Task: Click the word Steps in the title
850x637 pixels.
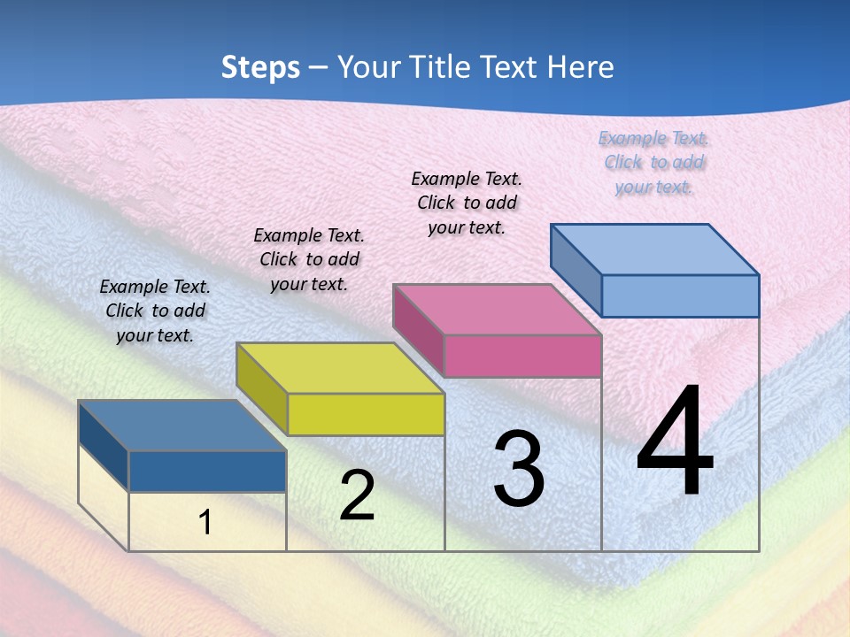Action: coord(259,67)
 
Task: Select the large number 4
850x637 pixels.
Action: coord(675,443)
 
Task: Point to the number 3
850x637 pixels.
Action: coord(519,469)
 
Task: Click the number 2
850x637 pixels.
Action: coord(357,495)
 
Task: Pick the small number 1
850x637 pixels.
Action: coord(205,523)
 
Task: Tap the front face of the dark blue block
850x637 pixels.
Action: coord(207,472)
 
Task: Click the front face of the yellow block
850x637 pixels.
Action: coord(366,414)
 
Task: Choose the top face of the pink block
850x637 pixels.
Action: coord(498,310)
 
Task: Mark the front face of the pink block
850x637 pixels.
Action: coord(522,356)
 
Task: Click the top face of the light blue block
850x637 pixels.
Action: coord(655,249)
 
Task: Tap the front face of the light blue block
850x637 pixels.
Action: coord(680,295)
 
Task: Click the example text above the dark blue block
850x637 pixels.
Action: coord(155,311)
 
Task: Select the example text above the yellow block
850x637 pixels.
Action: coord(309,259)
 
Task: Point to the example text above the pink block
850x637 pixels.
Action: coord(467,203)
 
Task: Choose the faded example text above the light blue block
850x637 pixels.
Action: coord(654,162)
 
